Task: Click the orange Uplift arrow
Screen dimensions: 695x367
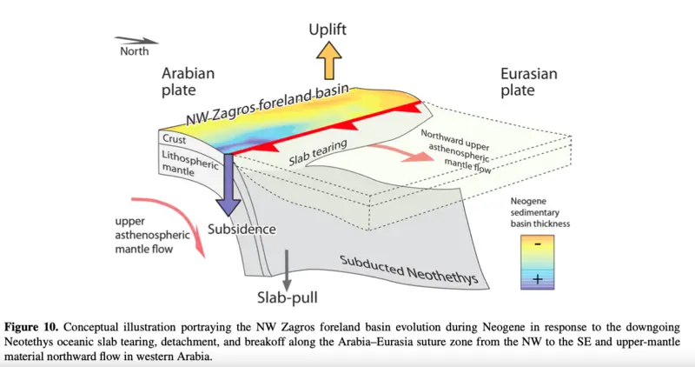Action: [x=329, y=60]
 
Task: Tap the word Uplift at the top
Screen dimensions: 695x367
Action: [x=328, y=30]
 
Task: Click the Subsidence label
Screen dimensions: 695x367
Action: [x=242, y=229]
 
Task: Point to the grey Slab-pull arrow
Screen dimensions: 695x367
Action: [x=287, y=270]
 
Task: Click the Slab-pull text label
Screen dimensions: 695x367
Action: [x=288, y=297]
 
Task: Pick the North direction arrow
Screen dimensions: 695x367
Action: [x=136, y=40]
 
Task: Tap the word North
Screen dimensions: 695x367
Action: [x=135, y=51]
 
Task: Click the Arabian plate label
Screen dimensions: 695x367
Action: [x=188, y=81]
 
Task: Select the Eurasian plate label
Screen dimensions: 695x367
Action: [x=529, y=82]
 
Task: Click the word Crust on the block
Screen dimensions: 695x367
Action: [x=175, y=139]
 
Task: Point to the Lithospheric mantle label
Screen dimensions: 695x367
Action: [x=189, y=163]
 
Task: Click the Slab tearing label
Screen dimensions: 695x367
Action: [x=317, y=153]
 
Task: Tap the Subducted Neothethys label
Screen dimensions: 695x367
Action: [x=408, y=270]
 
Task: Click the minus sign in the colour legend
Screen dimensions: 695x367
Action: [x=537, y=244]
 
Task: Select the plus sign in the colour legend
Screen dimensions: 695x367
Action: [x=538, y=279]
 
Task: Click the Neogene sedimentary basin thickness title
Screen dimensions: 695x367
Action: [x=539, y=212]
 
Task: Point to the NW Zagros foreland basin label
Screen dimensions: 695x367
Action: [x=268, y=105]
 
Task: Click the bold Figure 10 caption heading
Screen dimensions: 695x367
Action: [x=31, y=328]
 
